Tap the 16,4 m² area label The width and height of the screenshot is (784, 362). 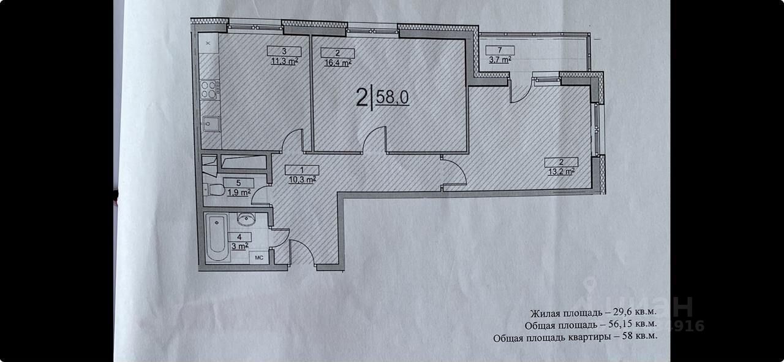(x=337, y=62)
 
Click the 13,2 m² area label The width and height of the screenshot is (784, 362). (x=562, y=171)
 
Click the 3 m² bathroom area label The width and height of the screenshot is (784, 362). (x=239, y=246)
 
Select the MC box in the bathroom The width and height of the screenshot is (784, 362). (x=258, y=258)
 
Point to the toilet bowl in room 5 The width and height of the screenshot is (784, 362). (x=211, y=189)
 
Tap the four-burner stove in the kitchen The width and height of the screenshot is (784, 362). (x=209, y=90)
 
